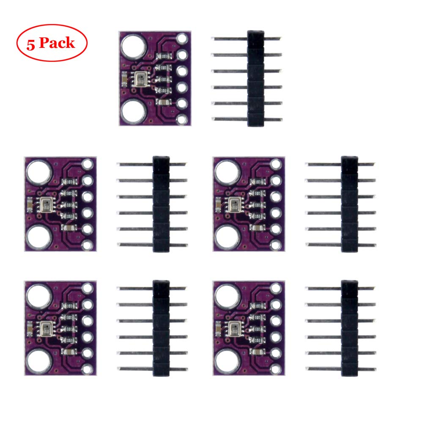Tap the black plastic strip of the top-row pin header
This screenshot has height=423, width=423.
[x=255, y=78]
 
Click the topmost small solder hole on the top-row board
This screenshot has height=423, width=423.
[x=182, y=40]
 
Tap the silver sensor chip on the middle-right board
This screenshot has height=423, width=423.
[x=232, y=204]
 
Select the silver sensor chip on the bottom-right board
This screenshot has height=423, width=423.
[x=232, y=328]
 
